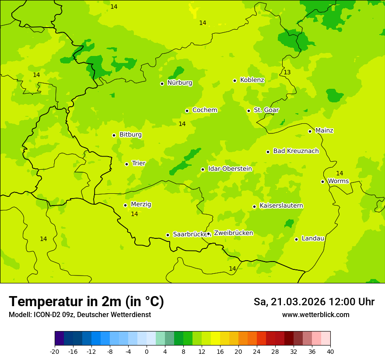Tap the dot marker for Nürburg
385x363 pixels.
click(162, 84)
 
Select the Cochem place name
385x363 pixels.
click(205, 110)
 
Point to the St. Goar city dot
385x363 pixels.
click(248, 111)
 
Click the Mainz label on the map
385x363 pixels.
click(324, 130)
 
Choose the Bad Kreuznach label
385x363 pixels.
click(296, 151)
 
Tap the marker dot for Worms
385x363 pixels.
click(322, 181)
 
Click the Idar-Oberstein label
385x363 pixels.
click(230, 169)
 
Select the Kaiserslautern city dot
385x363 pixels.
click(254, 206)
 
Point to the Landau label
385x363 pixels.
click(313, 238)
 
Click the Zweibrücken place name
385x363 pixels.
click(233, 233)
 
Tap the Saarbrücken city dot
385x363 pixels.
click(168, 235)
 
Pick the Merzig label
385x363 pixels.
click(141, 204)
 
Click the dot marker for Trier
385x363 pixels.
click(126, 164)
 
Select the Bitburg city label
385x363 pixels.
click(130, 135)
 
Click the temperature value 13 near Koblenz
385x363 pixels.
click(287, 72)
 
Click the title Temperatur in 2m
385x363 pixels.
click(86, 301)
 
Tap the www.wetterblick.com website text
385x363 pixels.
click(315, 315)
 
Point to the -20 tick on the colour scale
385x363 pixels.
click(55, 352)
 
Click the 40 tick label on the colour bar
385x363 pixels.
click(330, 352)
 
